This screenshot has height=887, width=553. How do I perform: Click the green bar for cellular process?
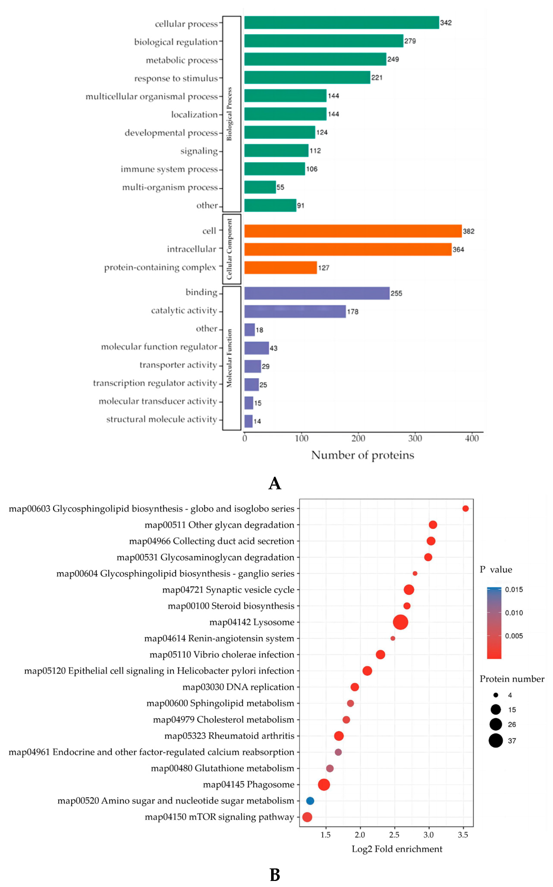[341, 23]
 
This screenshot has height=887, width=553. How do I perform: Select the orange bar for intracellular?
[347, 249]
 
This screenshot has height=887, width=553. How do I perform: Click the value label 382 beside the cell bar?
[468, 231]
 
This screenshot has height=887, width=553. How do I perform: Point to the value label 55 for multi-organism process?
[280, 187]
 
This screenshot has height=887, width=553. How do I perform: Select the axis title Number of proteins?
[363, 455]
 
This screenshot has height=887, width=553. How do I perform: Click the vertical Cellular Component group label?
[229, 249]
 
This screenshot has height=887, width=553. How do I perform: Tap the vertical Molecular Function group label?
[229, 358]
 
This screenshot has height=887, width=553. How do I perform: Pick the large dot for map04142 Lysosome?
[401, 622]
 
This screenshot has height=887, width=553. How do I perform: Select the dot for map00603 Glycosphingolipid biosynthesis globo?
[465, 508]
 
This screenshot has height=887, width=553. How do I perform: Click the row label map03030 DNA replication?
[238, 687]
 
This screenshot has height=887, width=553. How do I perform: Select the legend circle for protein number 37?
[496, 741]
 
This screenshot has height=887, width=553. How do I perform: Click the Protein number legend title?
[512, 679]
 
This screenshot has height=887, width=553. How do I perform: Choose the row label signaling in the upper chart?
[199, 151]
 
